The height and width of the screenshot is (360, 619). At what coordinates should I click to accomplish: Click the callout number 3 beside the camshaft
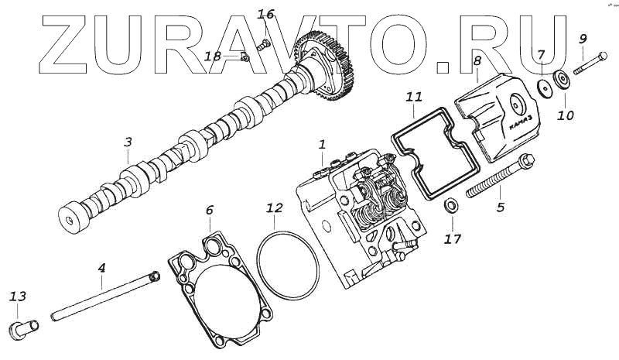click(x=128, y=142)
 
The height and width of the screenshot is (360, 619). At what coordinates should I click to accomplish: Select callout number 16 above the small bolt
click(x=265, y=15)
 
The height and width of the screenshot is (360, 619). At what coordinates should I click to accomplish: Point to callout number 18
click(x=213, y=56)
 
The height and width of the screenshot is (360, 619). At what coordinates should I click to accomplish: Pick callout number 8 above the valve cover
click(x=477, y=60)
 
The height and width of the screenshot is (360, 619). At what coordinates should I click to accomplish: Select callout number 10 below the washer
click(x=566, y=116)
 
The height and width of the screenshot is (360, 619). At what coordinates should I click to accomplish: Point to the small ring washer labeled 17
click(x=449, y=207)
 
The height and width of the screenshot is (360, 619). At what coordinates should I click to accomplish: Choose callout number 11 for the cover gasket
click(x=414, y=97)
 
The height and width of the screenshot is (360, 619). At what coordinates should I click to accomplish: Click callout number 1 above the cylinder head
click(x=322, y=144)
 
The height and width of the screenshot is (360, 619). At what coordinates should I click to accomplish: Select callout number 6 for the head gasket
click(x=208, y=209)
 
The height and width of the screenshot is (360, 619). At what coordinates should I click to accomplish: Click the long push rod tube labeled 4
click(x=104, y=295)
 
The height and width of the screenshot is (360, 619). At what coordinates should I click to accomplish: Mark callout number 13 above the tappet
click(x=18, y=297)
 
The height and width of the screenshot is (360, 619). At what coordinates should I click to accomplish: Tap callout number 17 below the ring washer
click(x=452, y=238)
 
